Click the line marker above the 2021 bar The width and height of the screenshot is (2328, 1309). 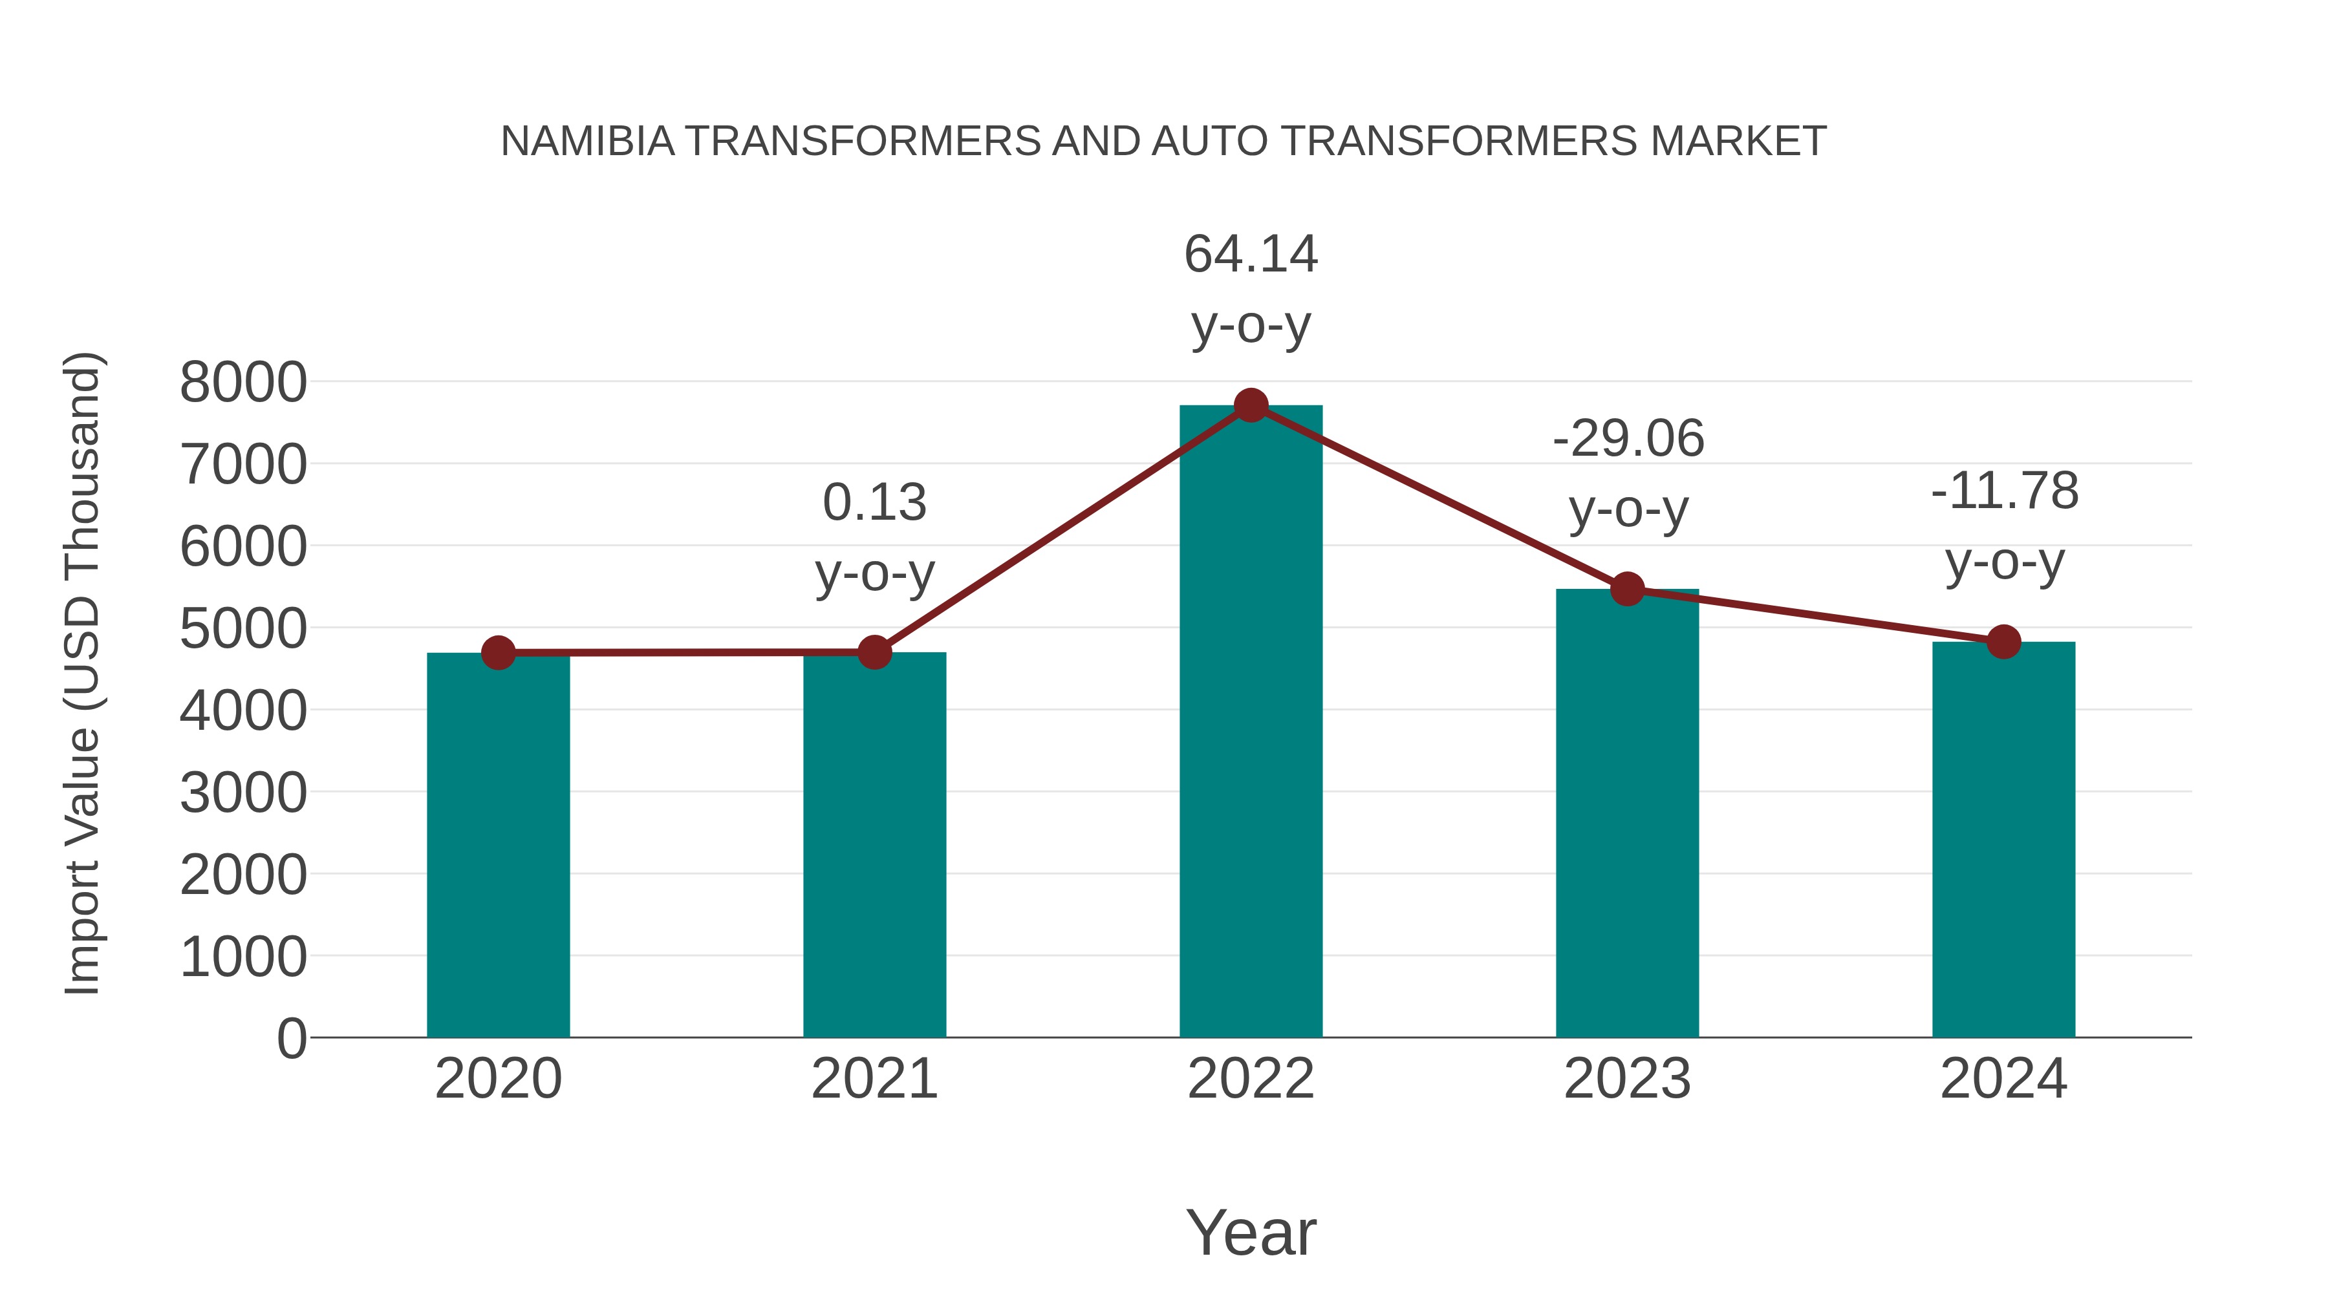[x=874, y=652]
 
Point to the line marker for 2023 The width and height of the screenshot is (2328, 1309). [x=1627, y=589]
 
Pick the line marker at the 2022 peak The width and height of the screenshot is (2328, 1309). [x=1251, y=405]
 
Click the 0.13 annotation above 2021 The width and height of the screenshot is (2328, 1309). [x=874, y=502]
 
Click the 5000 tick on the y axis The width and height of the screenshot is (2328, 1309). [x=243, y=629]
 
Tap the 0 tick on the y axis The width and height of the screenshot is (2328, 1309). [x=291, y=1038]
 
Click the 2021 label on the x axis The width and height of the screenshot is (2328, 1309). [x=874, y=1079]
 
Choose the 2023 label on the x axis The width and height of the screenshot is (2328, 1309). [x=1627, y=1079]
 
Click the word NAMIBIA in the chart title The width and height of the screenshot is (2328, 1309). [x=587, y=142]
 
